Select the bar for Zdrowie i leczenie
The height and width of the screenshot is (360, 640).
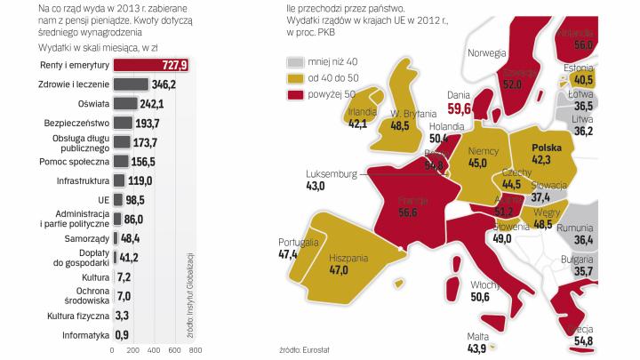tap(131, 85)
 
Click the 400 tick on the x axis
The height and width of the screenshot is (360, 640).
tap(154, 350)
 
